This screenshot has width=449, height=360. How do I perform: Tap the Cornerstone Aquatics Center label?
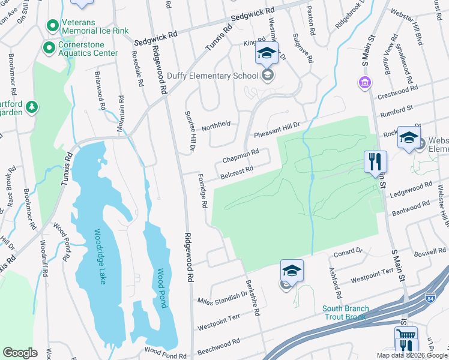tap(87, 49)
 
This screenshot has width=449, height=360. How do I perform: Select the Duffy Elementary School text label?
tap(220, 76)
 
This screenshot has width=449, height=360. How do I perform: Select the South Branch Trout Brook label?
tap(345, 313)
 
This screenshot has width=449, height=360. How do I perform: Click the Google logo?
tap(20, 353)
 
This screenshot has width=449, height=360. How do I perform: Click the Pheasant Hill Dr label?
tap(276, 127)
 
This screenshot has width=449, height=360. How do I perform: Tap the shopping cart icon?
tap(405, 334)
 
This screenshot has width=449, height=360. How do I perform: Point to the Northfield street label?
tap(216, 125)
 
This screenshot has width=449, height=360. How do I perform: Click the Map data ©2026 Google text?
tap(412, 355)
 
